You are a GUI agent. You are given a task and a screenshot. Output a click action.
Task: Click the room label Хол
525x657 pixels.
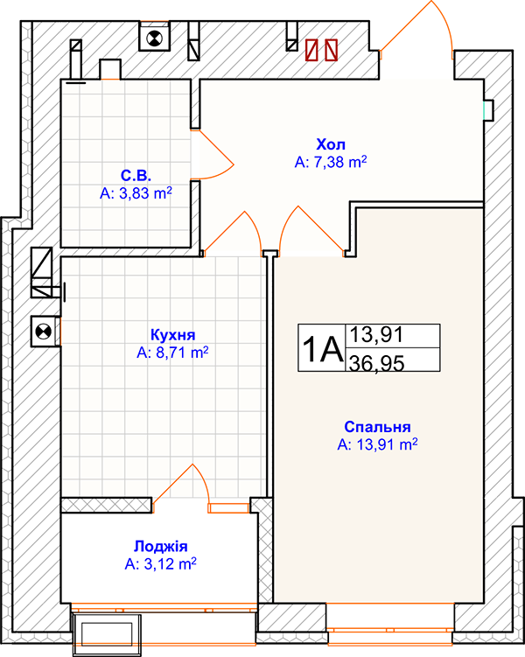[x=331, y=144]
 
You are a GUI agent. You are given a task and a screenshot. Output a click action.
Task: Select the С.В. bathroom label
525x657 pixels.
[x=136, y=175]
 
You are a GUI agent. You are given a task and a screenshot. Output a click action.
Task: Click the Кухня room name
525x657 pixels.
[x=172, y=335]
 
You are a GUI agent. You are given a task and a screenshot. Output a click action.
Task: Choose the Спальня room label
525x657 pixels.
[x=377, y=427]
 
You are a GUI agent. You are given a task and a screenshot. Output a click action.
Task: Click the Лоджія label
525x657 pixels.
[x=160, y=547]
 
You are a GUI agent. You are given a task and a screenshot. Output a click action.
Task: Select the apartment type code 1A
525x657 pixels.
[x=322, y=349]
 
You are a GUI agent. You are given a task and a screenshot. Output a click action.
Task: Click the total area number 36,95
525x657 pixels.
[x=377, y=363]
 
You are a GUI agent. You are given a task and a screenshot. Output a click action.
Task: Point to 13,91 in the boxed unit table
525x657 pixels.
[x=376, y=334]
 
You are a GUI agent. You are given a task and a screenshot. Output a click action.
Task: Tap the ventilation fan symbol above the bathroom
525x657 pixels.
[x=154, y=39]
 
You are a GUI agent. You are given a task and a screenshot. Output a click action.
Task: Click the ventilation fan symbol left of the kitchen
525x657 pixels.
[x=44, y=332]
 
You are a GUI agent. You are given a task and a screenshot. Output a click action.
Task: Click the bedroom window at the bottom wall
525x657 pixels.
[x=390, y=629]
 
